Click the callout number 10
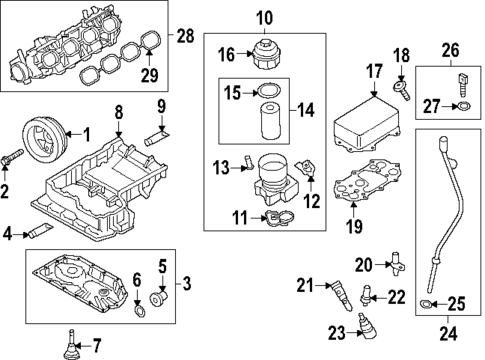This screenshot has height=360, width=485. pyautogui.click(x=265, y=16)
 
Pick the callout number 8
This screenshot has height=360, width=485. pyautogui.click(x=118, y=112)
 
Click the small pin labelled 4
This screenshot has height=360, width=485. pyautogui.click(x=40, y=233)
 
